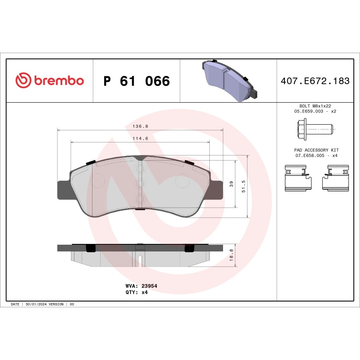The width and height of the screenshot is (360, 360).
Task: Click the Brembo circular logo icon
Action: point(23,80)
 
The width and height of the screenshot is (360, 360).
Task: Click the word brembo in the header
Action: point(59,81)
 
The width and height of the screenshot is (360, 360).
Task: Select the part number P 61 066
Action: point(136,81)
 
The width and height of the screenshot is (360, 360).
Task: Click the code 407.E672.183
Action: point(315,81)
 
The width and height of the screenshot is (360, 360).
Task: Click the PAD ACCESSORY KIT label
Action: point(316,150)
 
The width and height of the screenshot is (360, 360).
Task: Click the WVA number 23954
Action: point(150,286)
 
